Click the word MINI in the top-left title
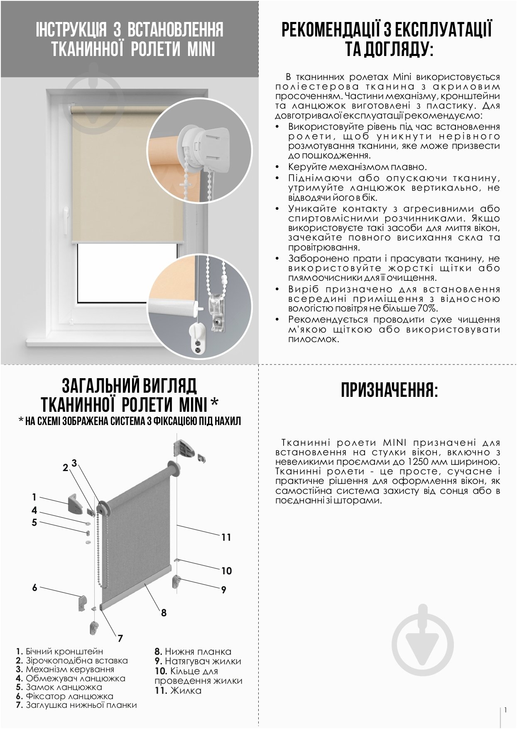pos(201,49)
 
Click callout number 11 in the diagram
pos(226,537)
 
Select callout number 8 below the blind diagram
pos(164,612)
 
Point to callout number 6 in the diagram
pos(35,587)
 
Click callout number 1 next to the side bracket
pos(34,497)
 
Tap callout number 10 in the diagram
pos(226,571)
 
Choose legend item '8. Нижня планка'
pos(193,651)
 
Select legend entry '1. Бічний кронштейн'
pos(59,651)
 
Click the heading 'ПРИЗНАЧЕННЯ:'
pos(389,390)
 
